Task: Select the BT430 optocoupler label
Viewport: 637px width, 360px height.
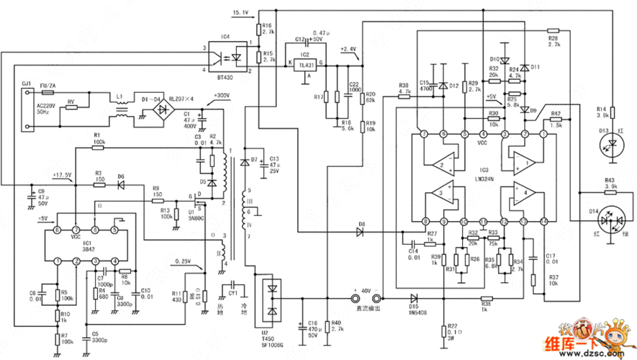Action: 225,76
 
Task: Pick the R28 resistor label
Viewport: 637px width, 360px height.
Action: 553,38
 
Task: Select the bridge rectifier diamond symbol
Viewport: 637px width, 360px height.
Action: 164,109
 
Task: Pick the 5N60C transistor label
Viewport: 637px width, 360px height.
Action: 196,217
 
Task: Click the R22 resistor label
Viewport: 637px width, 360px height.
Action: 452,325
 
